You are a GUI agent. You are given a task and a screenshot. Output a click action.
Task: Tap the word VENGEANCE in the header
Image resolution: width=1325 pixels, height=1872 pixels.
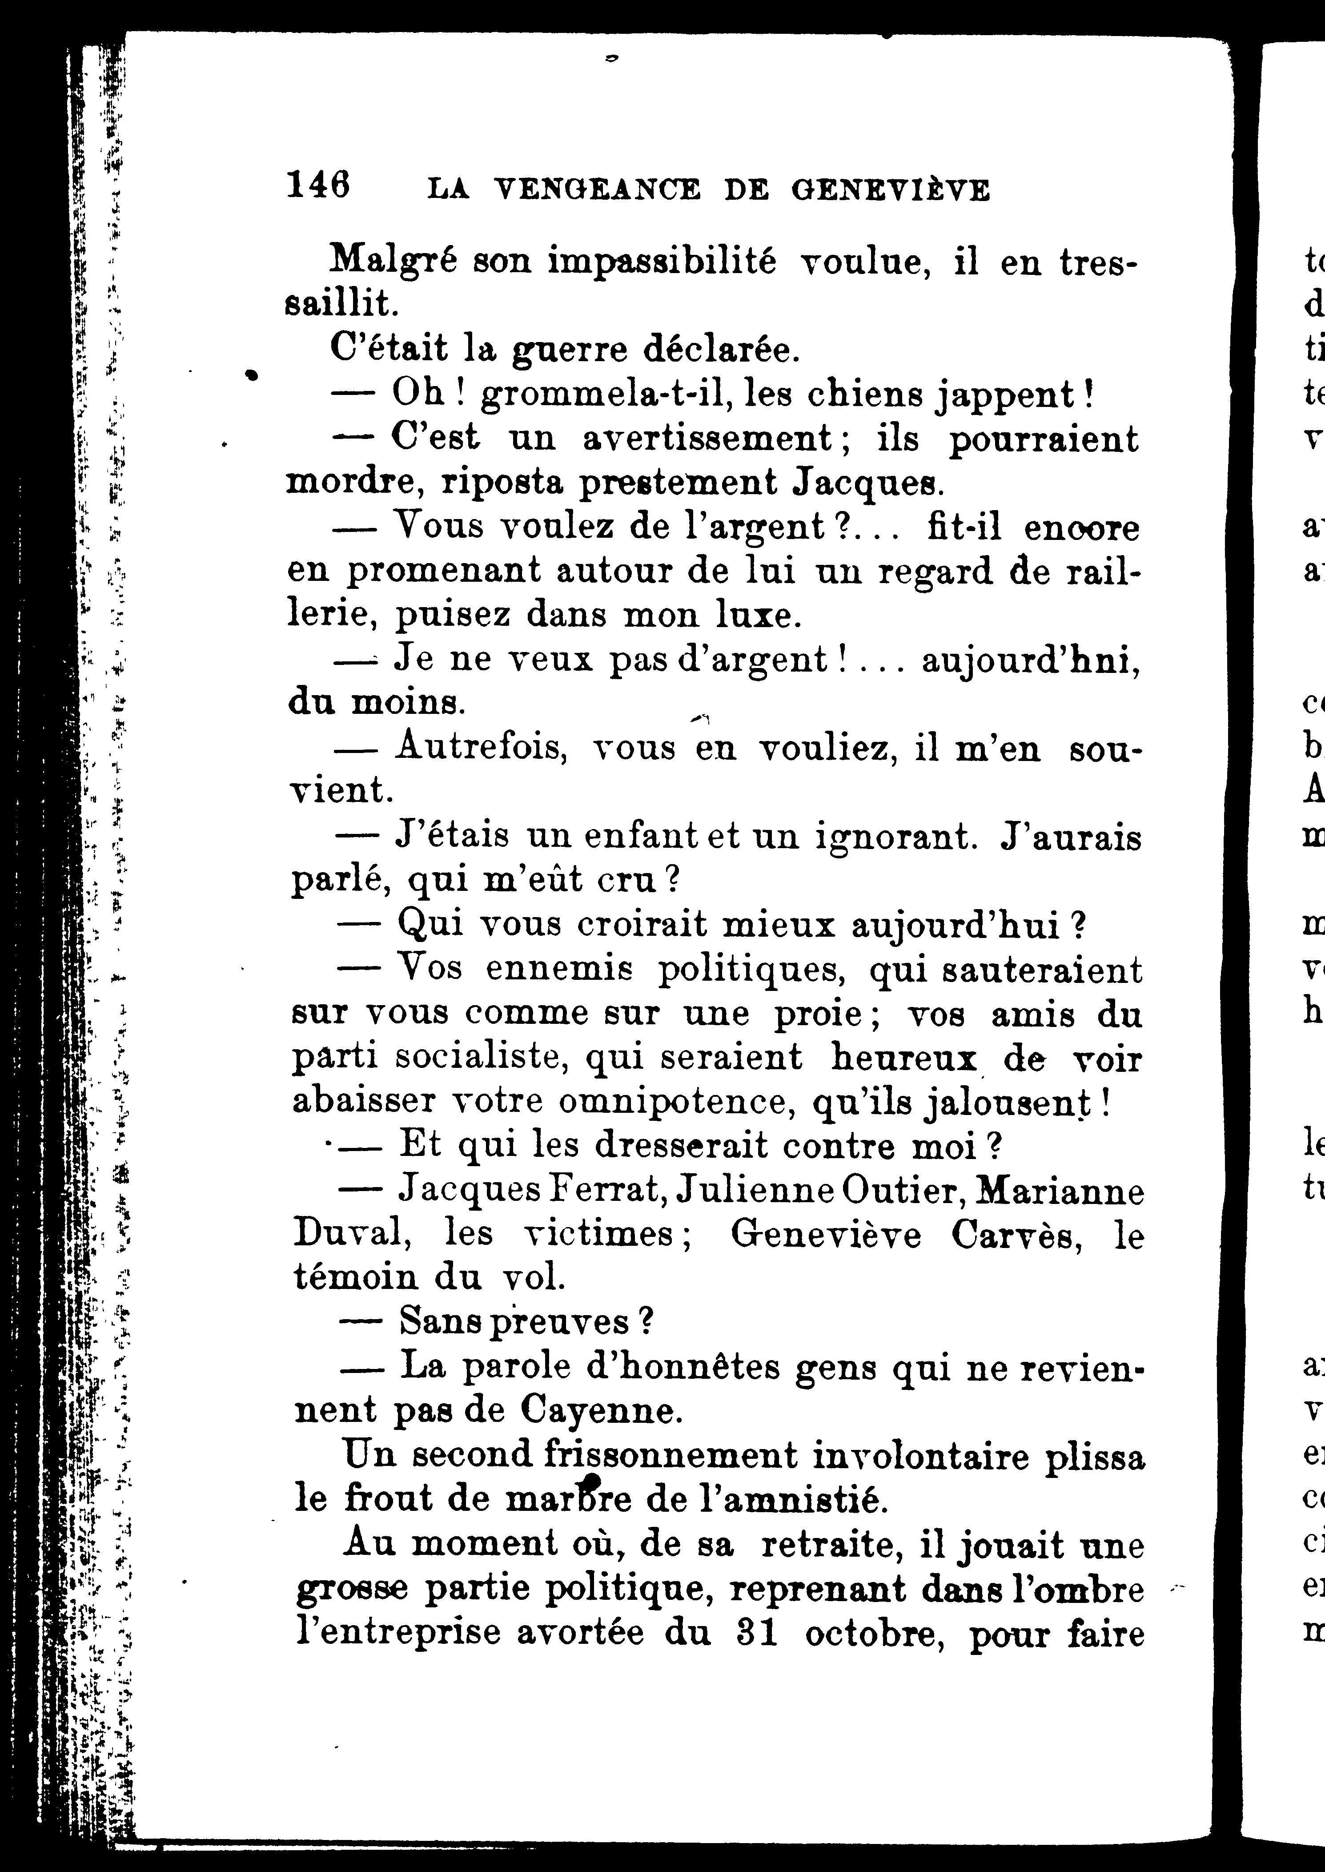(x=597, y=190)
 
